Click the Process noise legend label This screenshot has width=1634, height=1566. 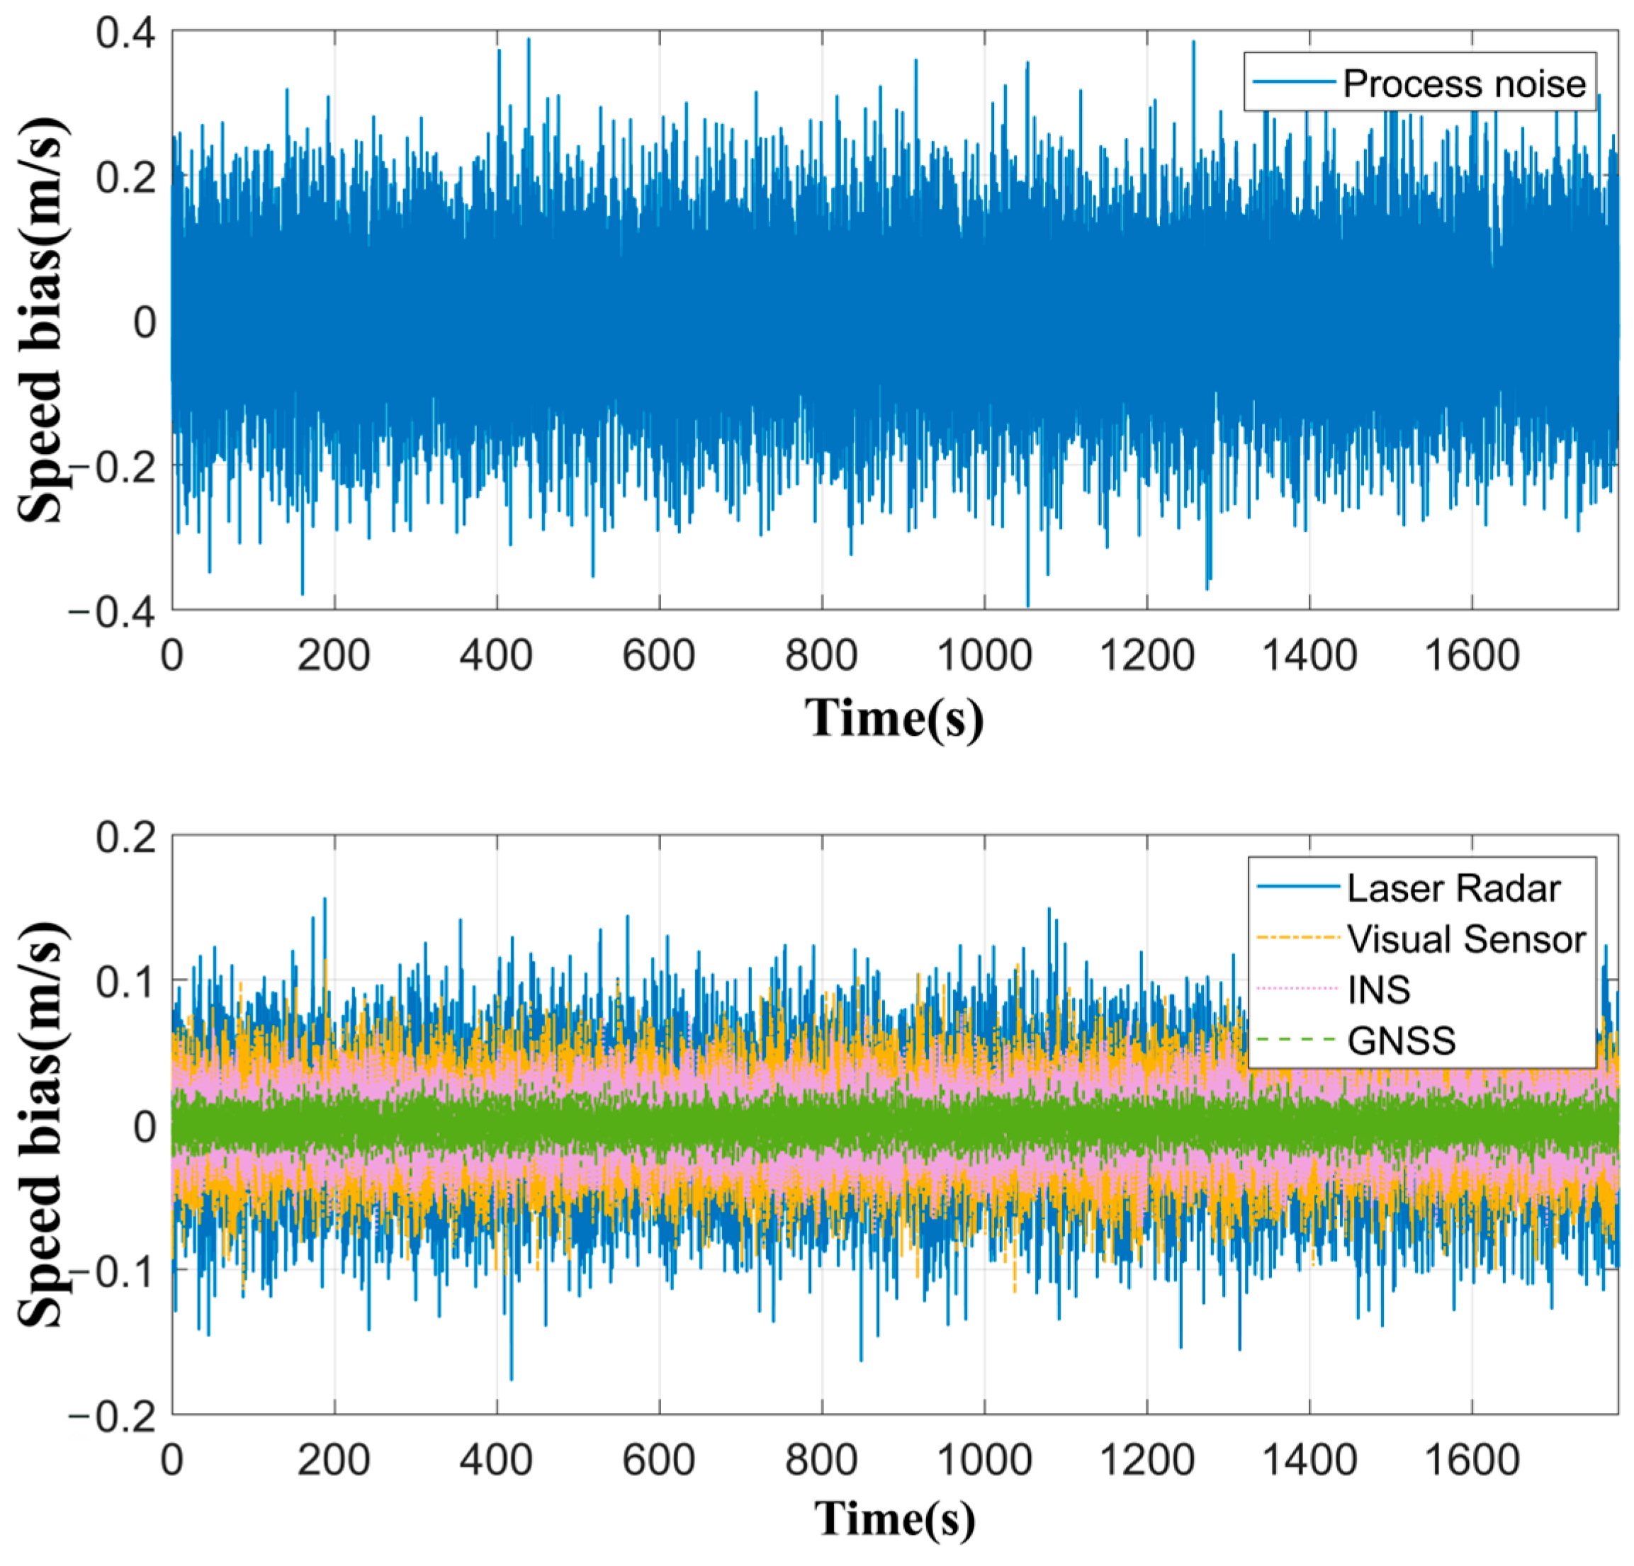1463,84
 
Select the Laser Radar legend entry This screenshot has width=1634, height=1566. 1453,888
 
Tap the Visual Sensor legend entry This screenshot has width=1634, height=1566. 1465,939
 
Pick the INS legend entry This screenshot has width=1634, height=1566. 1379,990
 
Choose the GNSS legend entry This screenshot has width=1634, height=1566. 1401,1041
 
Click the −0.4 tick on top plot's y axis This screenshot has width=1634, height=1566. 113,613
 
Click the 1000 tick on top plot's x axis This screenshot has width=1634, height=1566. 984,656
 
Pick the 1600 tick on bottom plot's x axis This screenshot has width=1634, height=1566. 1472,1461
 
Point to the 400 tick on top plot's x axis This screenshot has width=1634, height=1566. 497,656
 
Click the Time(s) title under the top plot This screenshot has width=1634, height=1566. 894,717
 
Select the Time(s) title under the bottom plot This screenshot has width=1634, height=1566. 894,1519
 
